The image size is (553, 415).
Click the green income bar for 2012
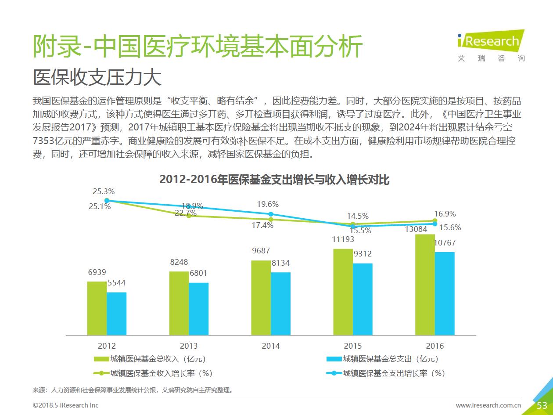click(97, 308)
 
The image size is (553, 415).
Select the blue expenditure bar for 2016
click(445, 293)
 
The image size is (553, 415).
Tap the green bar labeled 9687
click(261, 297)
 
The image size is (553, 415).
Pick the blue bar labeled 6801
click(199, 309)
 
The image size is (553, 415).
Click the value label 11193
click(343, 240)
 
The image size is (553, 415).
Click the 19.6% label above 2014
click(268, 204)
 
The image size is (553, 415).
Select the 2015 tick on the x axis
click(353, 346)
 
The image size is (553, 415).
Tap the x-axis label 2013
click(189, 346)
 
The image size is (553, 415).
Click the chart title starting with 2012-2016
click(274, 180)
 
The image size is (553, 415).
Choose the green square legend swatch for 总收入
click(101, 359)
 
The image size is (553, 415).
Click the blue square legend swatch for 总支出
click(334, 359)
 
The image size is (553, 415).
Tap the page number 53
click(542, 405)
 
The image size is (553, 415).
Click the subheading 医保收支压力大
click(97, 78)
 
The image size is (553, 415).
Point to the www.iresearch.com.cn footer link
click(488, 405)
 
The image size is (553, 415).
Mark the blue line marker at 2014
click(271, 214)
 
